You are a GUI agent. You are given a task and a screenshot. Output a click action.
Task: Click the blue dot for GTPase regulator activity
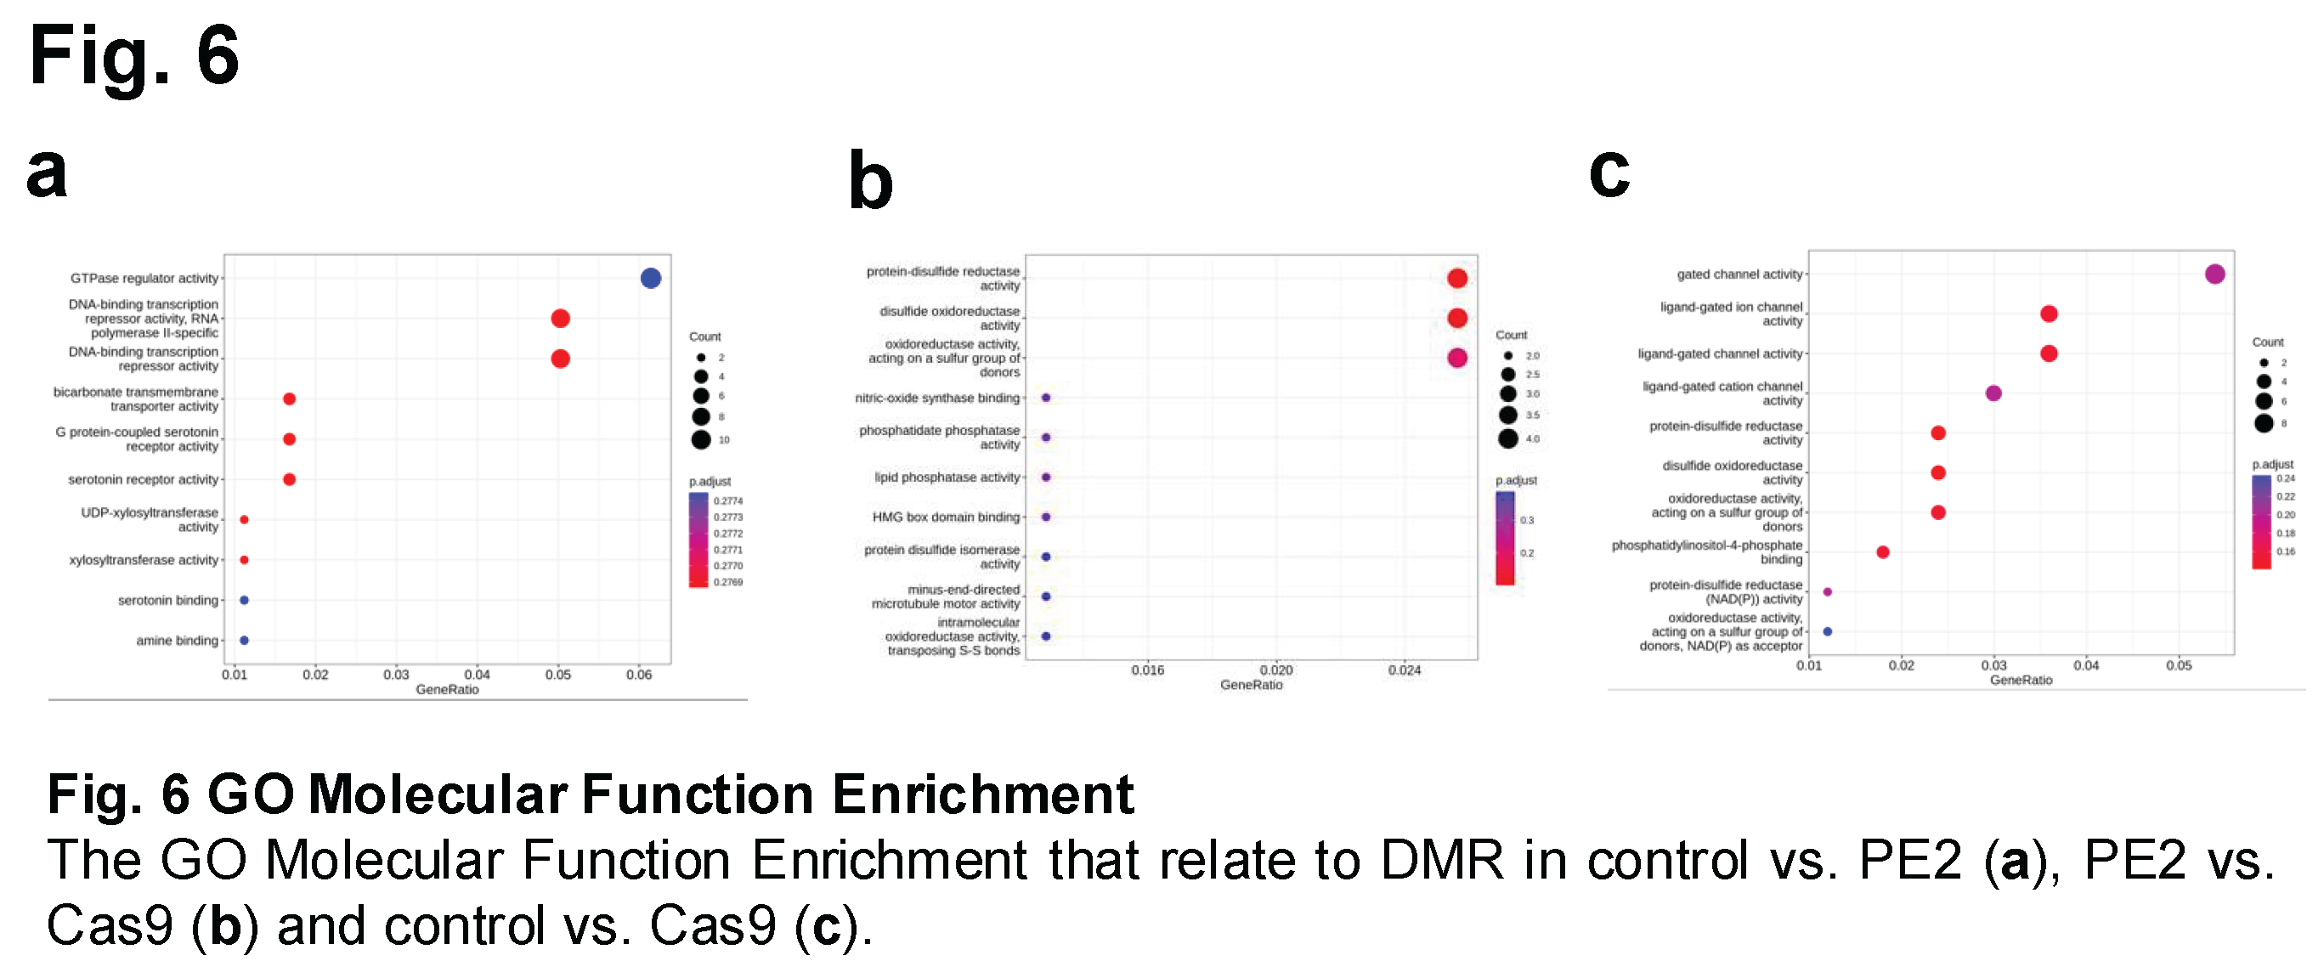tap(651, 278)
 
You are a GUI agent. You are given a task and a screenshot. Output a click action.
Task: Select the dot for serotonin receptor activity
tap(290, 479)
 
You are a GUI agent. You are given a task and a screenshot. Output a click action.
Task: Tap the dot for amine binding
tap(245, 641)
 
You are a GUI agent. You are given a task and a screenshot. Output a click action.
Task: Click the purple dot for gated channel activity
tap(2215, 274)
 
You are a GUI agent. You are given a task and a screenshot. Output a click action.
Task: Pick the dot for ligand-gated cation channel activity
tap(1993, 393)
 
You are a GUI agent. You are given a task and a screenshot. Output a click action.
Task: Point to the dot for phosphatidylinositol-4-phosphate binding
tap(1883, 552)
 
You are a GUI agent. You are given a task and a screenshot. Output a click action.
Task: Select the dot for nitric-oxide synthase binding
tap(1047, 398)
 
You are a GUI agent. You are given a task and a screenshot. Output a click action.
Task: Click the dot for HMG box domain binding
tap(1047, 517)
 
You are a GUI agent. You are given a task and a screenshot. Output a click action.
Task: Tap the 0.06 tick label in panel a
tap(639, 675)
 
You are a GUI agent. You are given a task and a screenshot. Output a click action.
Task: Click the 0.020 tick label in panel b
tap(1275, 670)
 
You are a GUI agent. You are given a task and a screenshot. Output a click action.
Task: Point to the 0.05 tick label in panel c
tap(2179, 666)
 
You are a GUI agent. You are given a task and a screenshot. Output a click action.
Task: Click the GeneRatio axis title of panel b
tap(1252, 686)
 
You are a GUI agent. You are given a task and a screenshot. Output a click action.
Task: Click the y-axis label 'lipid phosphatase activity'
tap(947, 478)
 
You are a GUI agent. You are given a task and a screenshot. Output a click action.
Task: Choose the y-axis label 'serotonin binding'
tap(167, 601)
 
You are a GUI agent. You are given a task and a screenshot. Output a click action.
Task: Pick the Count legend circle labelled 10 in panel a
tap(701, 440)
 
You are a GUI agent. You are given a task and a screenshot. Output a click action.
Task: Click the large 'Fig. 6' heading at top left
tap(134, 56)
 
